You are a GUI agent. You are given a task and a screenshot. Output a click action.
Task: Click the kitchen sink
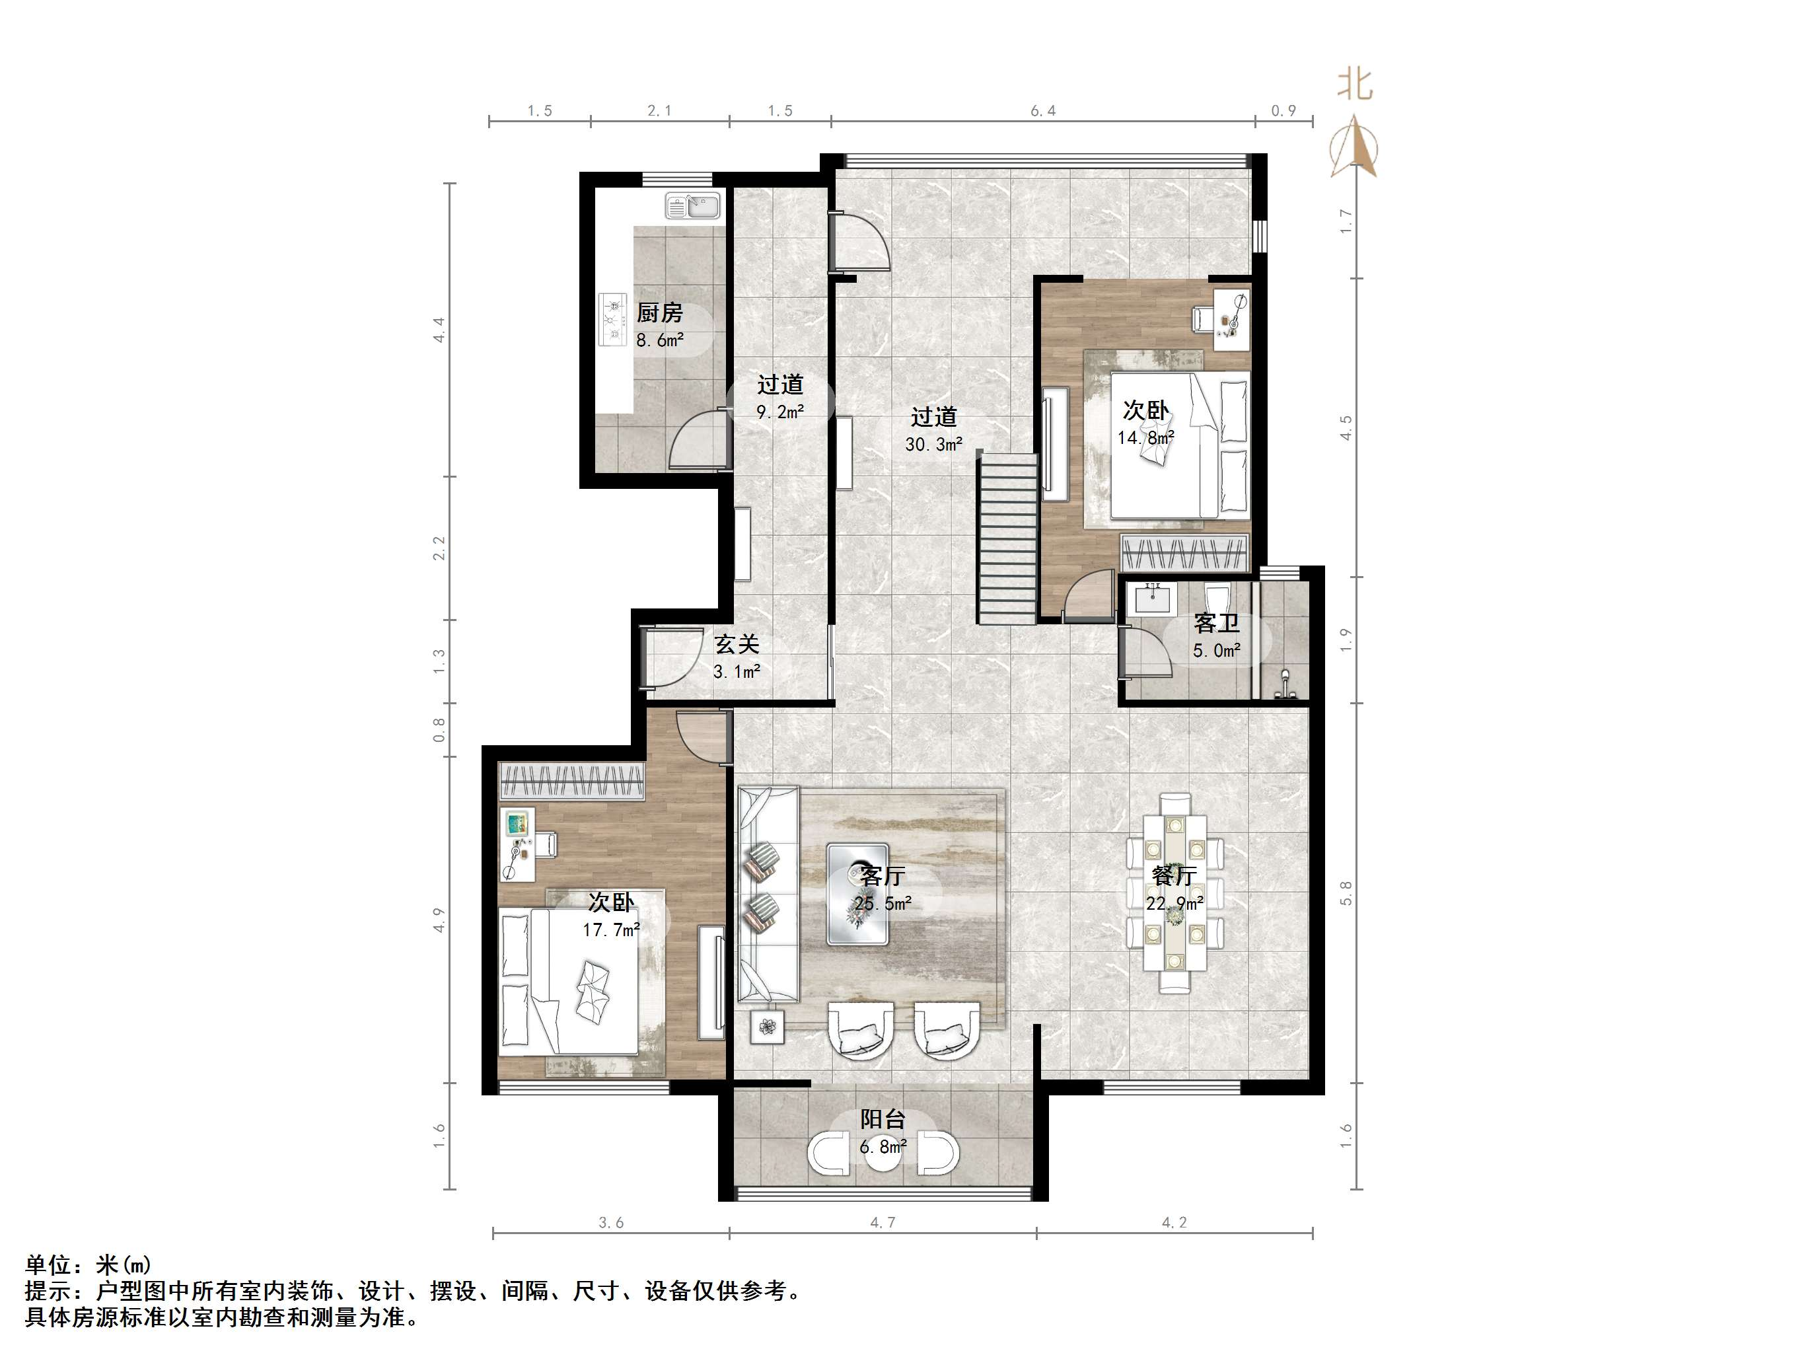coord(692,206)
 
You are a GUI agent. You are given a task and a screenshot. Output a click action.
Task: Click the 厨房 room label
coord(659,312)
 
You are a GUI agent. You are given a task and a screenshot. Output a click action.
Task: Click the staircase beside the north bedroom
coord(1008,539)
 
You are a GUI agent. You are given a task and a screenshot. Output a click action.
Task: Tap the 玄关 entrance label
coord(737,644)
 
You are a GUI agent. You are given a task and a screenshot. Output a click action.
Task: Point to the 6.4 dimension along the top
coord(1042,111)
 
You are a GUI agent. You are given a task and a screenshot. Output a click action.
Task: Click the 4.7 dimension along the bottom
coord(883,1223)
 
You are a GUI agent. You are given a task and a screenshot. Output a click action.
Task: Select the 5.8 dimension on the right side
coord(1346,893)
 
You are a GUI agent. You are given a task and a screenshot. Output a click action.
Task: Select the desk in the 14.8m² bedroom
coord(1231,319)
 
